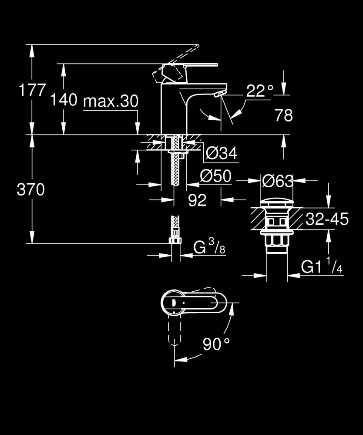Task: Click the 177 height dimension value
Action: pyautogui.click(x=32, y=91)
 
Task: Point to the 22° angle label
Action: pyautogui.click(x=260, y=91)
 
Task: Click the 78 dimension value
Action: pyautogui.click(x=283, y=115)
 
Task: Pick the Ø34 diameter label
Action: pyautogui.click(x=221, y=153)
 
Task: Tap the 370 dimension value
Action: pyautogui.click(x=30, y=189)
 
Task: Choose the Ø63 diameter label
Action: pyautogui.click(x=277, y=181)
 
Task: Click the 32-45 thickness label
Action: pyautogui.click(x=326, y=219)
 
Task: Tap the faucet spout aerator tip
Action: pyautogui.click(x=220, y=93)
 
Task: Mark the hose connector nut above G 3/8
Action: pyautogui.click(x=175, y=241)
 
